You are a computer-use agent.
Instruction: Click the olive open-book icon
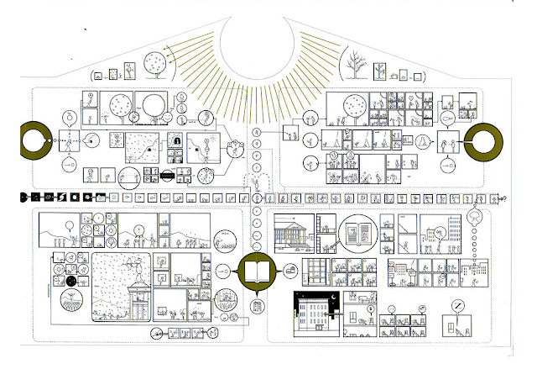[256, 271]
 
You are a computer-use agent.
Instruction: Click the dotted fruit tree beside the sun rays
[156, 64]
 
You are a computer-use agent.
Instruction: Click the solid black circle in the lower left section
[72, 282]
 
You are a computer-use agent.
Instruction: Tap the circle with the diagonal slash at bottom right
[458, 307]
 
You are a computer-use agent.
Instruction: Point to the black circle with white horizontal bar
[167, 176]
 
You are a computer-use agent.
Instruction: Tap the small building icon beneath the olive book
[257, 303]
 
